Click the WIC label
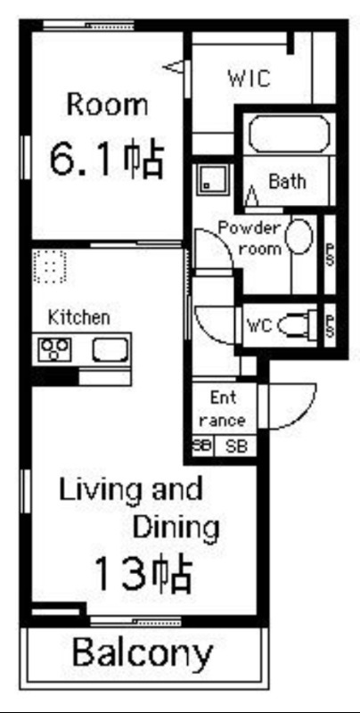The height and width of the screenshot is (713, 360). [250, 78]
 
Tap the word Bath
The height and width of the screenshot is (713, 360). [287, 182]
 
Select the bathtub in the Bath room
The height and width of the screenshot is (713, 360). [289, 134]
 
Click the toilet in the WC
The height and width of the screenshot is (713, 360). [297, 324]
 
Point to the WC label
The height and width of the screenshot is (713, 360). [259, 325]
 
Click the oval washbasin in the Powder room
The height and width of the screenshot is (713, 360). [299, 236]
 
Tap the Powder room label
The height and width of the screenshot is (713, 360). [250, 238]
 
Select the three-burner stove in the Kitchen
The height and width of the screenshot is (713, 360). [55, 349]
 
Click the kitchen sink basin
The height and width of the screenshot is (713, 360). [110, 349]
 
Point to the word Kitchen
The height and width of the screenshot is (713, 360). [79, 317]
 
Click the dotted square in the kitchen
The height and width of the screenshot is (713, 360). [50, 266]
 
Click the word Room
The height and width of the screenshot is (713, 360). [107, 104]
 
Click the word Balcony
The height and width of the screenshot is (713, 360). [143, 653]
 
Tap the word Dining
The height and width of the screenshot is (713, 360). [176, 527]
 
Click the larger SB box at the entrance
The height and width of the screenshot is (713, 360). [236, 446]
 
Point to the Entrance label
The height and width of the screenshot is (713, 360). [223, 409]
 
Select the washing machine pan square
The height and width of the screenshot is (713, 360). [213, 180]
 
